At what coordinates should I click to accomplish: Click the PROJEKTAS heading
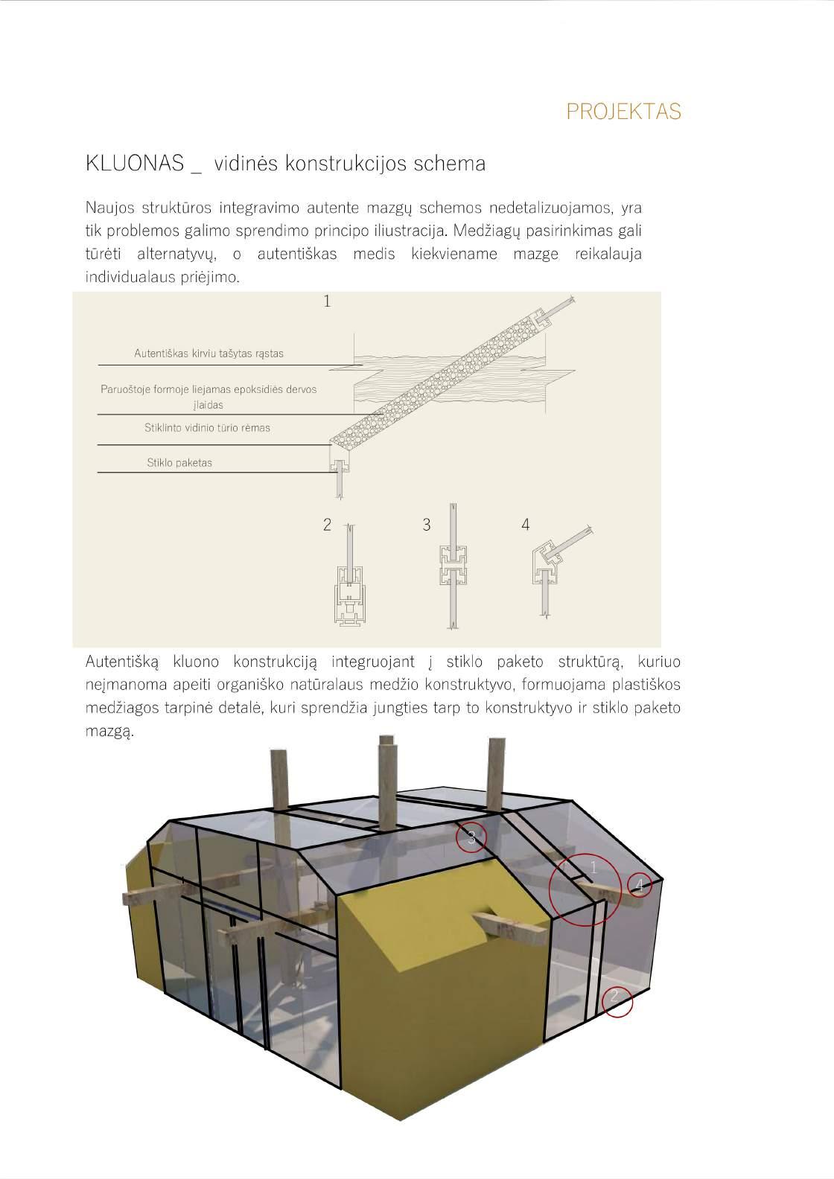pyautogui.click(x=623, y=112)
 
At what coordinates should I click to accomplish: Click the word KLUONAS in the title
pyautogui.click(x=133, y=164)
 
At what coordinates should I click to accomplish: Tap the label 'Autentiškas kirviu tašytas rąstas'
pyautogui.click(x=208, y=354)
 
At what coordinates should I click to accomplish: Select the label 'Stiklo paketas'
pyautogui.click(x=179, y=463)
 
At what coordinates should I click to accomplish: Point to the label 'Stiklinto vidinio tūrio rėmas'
pyautogui.click(x=207, y=428)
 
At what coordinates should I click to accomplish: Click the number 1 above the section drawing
pyautogui.click(x=326, y=301)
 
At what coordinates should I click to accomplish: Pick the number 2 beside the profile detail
pyautogui.click(x=327, y=525)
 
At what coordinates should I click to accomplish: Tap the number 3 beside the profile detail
pyautogui.click(x=427, y=525)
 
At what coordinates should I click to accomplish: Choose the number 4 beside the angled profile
pyautogui.click(x=526, y=525)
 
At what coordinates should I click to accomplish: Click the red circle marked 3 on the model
pyautogui.click(x=471, y=837)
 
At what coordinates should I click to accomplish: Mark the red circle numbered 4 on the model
pyautogui.click(x=640, y=885)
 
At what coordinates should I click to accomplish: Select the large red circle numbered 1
pyautogui.click(x=585, y=889)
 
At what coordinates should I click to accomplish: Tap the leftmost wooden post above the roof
pyautogui.click(x=279, y=782)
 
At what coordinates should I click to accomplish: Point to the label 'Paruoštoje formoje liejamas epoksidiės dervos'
pyautogui.click(x=208, y=389)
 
